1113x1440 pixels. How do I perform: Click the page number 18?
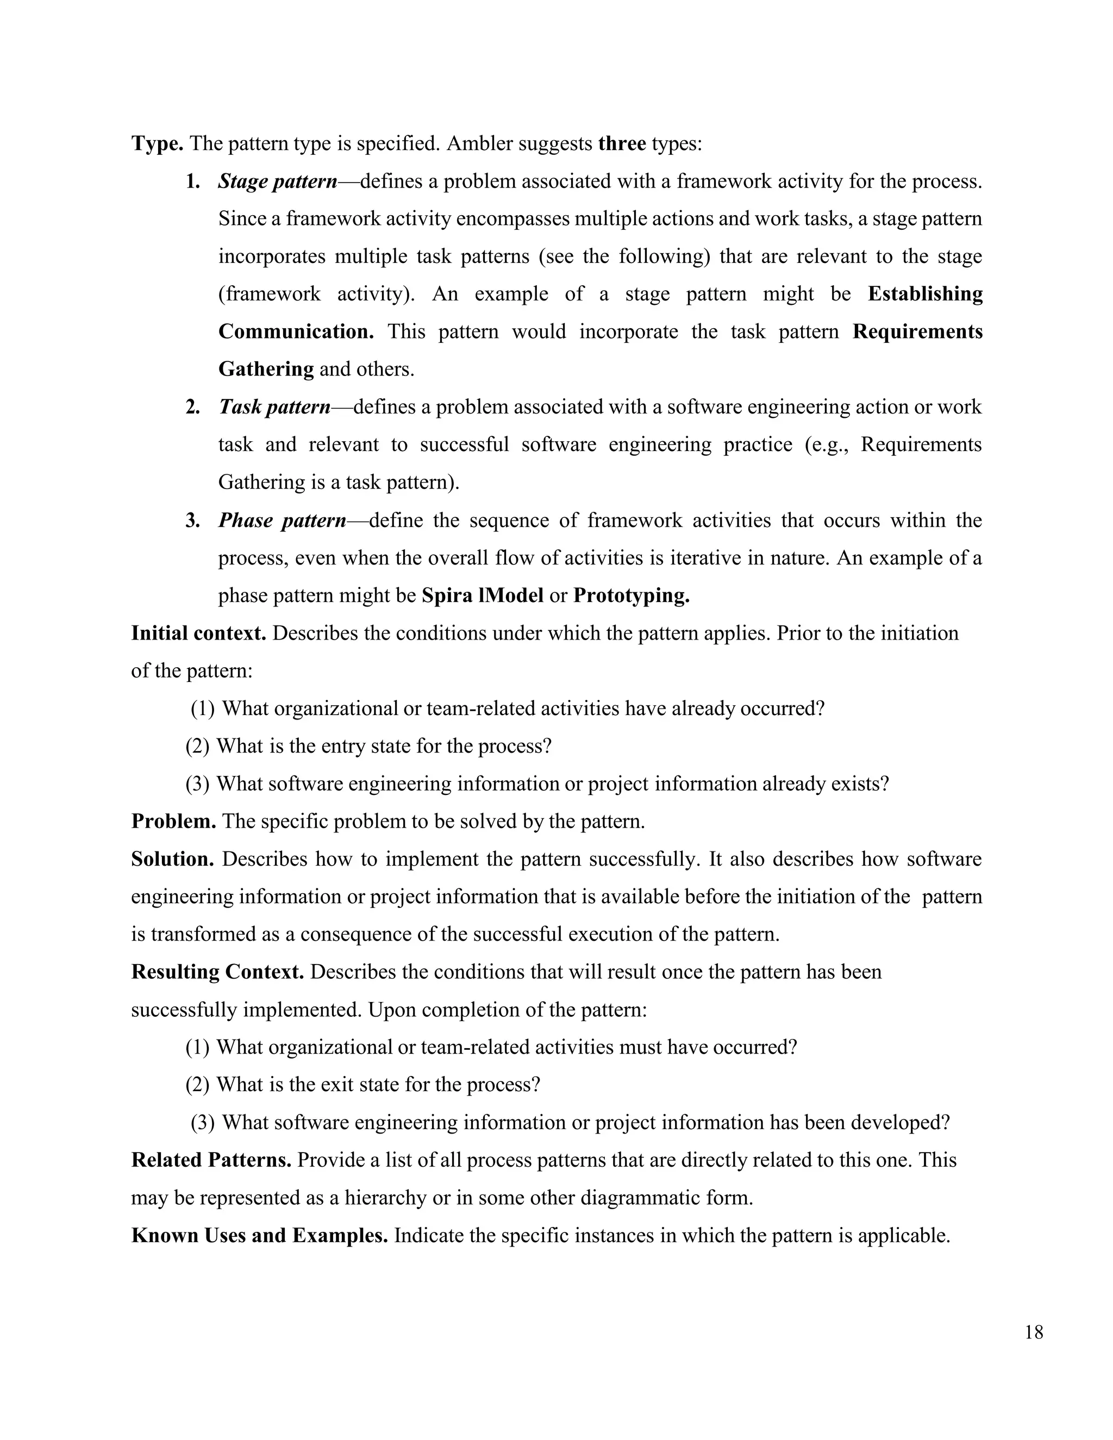click(x=1034, y=1332)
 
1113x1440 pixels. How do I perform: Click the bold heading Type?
click(x=157, y=143)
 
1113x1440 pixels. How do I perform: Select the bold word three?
click(x=622, y=143)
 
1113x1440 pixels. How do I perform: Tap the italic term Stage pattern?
click(x=278, y=181)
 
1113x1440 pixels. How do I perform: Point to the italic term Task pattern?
click(x=274, y=407)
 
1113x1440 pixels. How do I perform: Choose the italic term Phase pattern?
click(x=282, y=520)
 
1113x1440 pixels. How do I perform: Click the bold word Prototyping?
click(x=631, y=596)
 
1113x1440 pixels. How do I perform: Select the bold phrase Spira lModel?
click(x=482, y=596)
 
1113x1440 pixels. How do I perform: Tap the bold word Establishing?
click(x=924, y=294)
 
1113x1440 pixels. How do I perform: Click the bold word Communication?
click(x=296, y=331)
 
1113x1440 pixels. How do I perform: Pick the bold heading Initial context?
click(x=198, y=633)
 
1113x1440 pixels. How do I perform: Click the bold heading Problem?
click(x=173, y=822)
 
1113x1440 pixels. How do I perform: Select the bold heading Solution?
click(x=172, y=859)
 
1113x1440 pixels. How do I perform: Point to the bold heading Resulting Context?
click(x=217, y=972)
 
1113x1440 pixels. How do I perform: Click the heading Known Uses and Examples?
click(x=259, y=1235)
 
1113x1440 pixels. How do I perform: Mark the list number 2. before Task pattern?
click(x=192, y=408)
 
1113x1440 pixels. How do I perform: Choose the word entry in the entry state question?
click(x=342, y=747)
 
